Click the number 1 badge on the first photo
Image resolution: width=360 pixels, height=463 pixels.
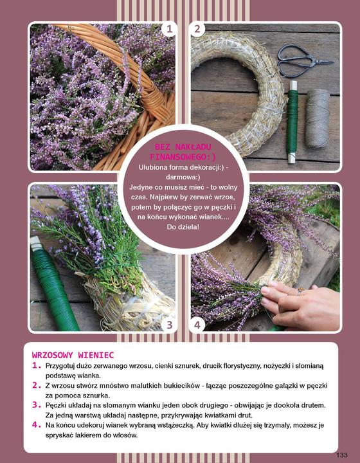pos(169,29)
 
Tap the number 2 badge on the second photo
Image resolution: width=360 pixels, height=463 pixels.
pos(197,29)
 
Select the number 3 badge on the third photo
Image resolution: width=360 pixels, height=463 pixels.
pos(169,325)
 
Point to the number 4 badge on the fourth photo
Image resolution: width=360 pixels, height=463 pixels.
pos(197,325)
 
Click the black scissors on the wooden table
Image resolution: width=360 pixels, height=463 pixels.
pos(304,61)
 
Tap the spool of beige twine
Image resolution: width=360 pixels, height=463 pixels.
pos(317,119)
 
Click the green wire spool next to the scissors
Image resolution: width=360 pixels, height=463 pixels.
pos(292,122)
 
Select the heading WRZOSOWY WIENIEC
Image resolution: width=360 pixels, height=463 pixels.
pos(73,354)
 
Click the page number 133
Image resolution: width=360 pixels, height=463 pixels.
pos(342,455)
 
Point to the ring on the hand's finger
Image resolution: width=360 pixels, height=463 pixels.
pos(300,290)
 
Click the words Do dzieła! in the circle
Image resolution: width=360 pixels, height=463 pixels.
pos(183,227)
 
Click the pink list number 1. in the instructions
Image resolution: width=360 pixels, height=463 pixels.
pos(37,365)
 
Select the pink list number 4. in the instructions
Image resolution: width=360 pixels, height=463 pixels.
pos(37,425)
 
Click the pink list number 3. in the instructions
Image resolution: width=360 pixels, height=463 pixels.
pos(37,405)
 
